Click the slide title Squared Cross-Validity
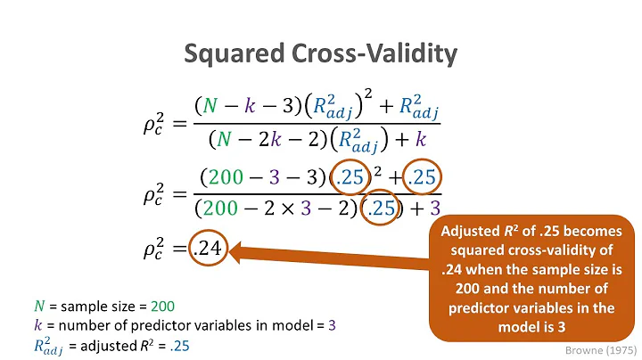pos(321,54)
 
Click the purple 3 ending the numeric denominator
pos(435,209)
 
